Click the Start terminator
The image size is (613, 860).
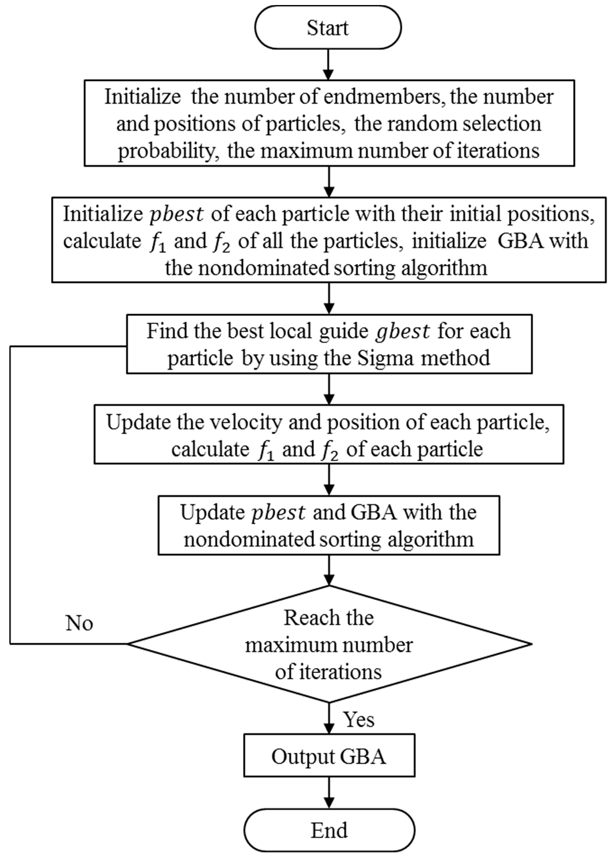pyautogui.click(x=328, y=28)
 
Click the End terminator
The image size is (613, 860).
pyautogui.click(x=329, y=831)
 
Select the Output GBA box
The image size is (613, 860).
pyautogui.click(x=329, y=757)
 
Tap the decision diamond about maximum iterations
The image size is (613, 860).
pyautogui.click(x=329, y=644)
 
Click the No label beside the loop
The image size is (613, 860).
pyautogui.click(x=79, y=623)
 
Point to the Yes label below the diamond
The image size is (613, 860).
pyautogui.click(x=359, y=720)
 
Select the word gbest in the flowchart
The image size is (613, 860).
pyautogui.click(x=402, y=331)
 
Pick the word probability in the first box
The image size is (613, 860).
pyautogui.click(x=166, y=151)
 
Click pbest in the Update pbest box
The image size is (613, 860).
pyautogui.click(x=278, y=513)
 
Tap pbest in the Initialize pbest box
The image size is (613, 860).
pyautogui.click(x=177, y=214)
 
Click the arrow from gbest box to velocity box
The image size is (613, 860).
pyautogui.click(x=329, y=389)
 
